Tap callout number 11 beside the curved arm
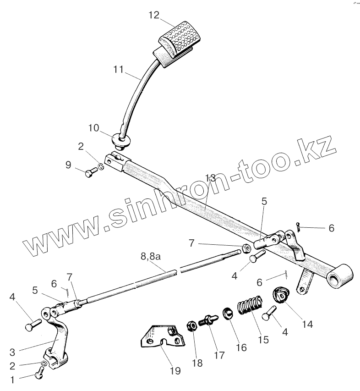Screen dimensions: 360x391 pyautogui.click(x=119, y=70)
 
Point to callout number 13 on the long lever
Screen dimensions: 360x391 pyautogui.click(x=210, y=178)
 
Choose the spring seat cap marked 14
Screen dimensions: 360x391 pyautogui.click(x=280, y=294)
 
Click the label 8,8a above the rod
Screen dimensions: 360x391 pyautogui.click(x=151, y=258)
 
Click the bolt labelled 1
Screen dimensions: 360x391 pyautogui.click(x=39, y=375)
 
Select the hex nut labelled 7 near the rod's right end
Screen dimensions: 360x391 pyautogui.click(x=245, y=248)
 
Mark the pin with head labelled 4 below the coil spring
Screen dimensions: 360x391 pyautogui.click(x=268, y=316)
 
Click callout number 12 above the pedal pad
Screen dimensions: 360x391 pyautogui.click(x=153, y=15)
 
